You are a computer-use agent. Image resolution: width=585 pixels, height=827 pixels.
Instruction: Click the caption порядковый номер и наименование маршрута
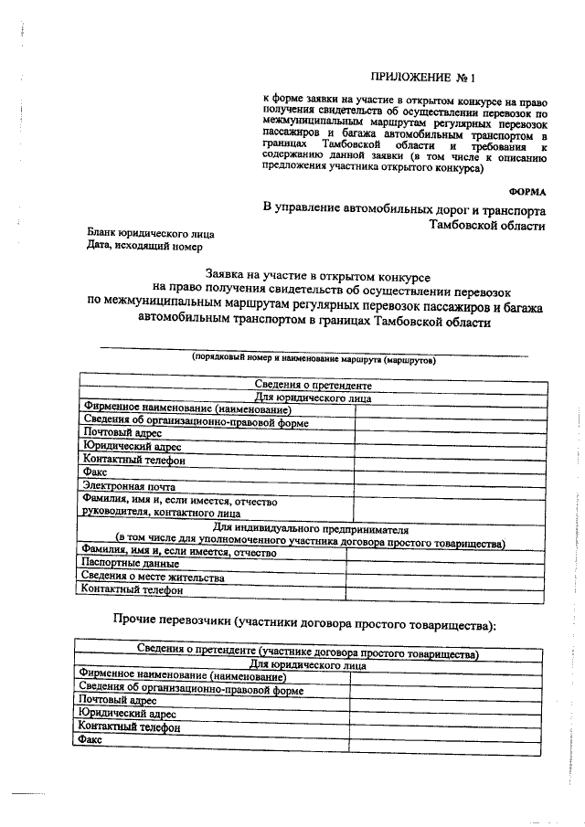click(314, 359)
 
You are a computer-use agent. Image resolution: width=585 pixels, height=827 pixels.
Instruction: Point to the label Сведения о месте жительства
click(151, 578)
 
